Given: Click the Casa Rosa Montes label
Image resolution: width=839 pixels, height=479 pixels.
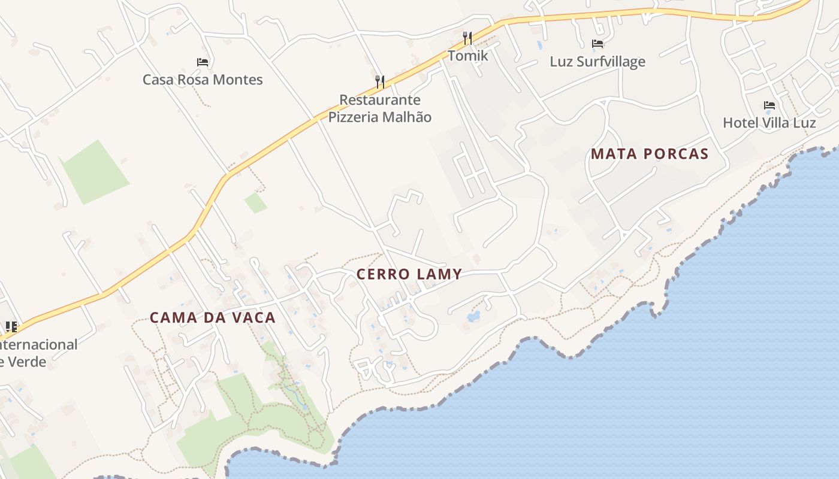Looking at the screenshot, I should pyautogui.click(x=203, y=80).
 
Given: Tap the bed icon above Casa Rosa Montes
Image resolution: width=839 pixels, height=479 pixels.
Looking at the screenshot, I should pyautogui.click(x=203, y=62).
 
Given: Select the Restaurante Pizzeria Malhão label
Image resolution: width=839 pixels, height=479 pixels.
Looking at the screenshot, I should pyautogui.click(x=380, y=108).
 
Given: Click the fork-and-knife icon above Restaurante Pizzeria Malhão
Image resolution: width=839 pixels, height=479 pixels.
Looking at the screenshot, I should pyautogui.click(x=380, y=81).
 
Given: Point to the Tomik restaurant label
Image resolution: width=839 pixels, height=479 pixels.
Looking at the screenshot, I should pyautogui.click(x=468, y=56).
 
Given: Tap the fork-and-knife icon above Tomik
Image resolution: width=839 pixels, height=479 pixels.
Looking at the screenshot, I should pyautogui.click(x=468, y=39).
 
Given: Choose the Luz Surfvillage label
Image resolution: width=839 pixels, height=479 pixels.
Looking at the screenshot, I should pyautogui.click(x=597, y=62).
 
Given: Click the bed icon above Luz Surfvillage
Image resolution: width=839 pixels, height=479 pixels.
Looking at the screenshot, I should pyautogui.click(x=597, y=43).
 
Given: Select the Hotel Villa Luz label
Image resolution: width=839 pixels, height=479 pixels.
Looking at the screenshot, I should pyautogui.click(x=769, y=123).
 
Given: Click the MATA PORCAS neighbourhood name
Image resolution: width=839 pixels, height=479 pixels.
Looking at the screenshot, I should pyautogui.click(x=650, y=154).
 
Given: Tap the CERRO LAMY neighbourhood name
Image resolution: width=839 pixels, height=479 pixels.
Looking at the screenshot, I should pyautogui.click(x=409, y=274).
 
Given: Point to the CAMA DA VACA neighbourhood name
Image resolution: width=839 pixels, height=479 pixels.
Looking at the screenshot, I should pyautogui.click(x=213, y=317).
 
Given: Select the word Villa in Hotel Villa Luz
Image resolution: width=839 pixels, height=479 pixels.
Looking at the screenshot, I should pyautogui.click(x=777, y=123).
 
